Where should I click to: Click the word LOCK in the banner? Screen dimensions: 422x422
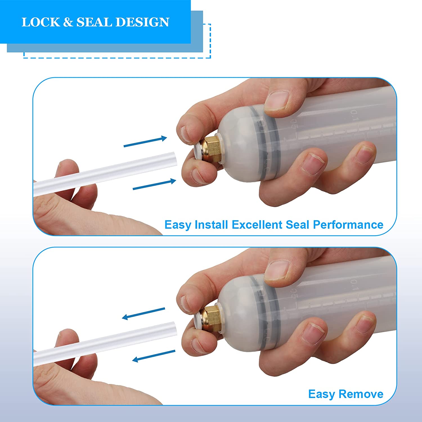point(41,22)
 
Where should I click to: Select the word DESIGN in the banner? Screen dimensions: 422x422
point(142,22)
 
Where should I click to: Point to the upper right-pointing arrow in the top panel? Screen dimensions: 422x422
point(145,142)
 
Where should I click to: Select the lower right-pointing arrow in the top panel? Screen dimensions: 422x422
point(154,184)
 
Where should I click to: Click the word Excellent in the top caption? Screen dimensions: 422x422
point(257,225)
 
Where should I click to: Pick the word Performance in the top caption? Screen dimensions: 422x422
point(348,225)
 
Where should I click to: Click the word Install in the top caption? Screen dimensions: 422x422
point(211,225)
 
